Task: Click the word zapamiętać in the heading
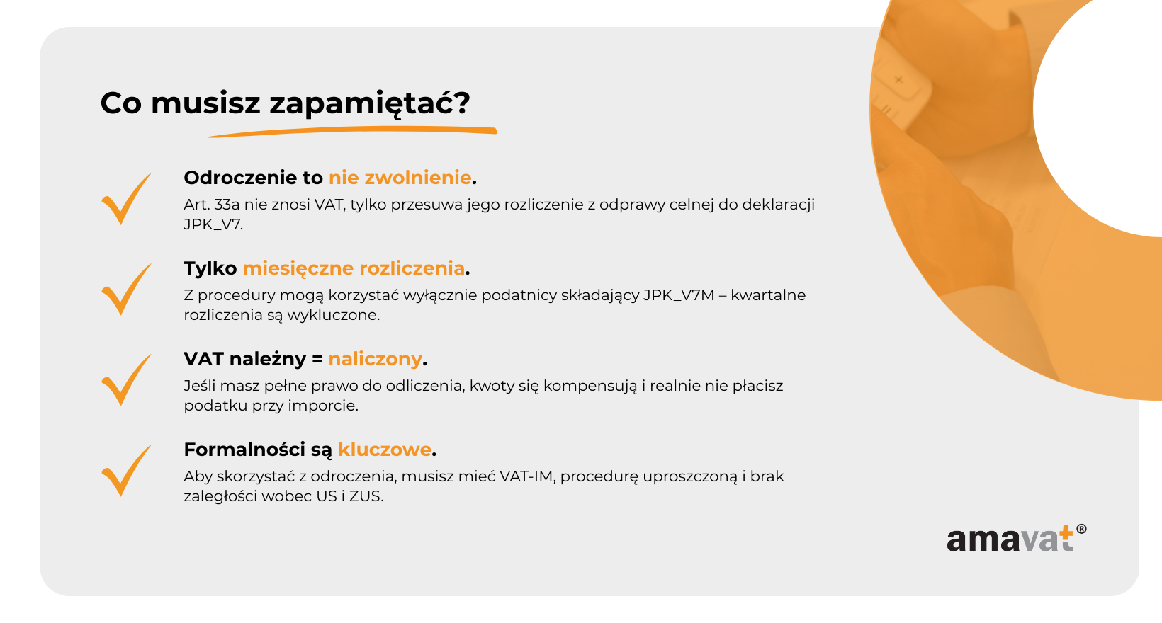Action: click(369, 104)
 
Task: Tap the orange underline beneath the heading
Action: click(352, 132)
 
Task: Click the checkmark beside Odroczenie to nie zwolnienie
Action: click(126, 198)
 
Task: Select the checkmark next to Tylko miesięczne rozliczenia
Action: click(126, 290)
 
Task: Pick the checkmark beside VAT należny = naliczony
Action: click(126, 380)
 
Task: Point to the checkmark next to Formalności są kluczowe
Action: click(126, 471)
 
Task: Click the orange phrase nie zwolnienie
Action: click(400, 178)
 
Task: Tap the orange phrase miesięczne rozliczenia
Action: click(354, 268)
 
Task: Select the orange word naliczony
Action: click(375, 359)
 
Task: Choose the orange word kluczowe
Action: click(385, 450)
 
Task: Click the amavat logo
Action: click(1016, 538)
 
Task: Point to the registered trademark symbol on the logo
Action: click(1082, 529)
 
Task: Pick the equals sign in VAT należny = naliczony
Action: click(317, 359)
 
